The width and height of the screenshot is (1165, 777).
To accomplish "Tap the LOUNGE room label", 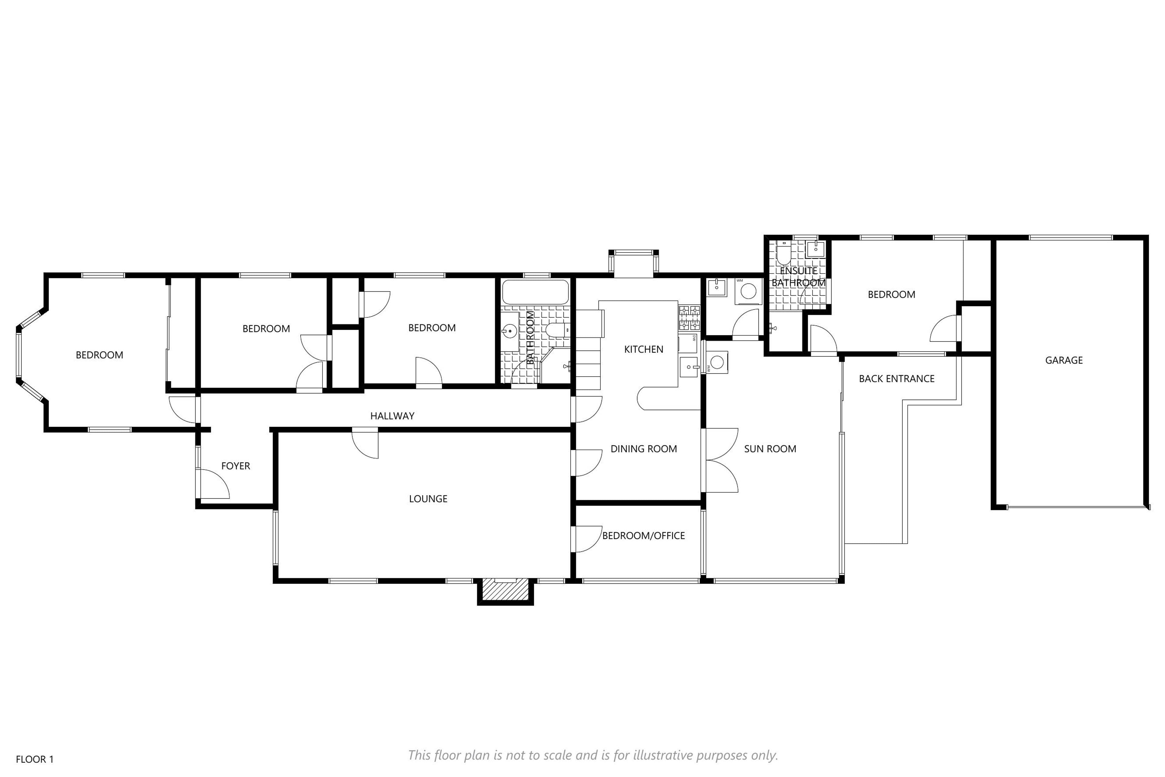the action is click(428, 499).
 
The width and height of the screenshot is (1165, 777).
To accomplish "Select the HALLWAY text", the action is click(392, 416).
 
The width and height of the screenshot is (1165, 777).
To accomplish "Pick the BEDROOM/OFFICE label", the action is click(643, 536).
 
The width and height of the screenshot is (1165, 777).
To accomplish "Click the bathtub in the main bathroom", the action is click(535, 292).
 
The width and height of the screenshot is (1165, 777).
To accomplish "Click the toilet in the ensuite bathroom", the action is click(783, 253).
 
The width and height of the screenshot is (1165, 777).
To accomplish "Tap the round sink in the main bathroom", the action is click(510, 331).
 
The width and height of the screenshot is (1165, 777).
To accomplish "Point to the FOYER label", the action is click(235, 466).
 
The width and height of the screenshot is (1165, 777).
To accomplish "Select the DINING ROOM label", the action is click(643, 449).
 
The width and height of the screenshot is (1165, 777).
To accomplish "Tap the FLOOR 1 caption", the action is click(35, 759).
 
